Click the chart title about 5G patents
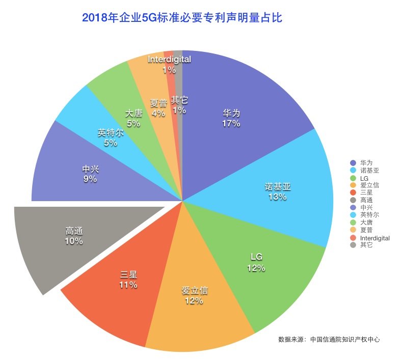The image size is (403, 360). [182, 18]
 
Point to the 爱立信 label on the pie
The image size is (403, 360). [195, 291]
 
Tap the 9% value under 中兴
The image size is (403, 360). [90, 179]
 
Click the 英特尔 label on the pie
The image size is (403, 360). [111, 133]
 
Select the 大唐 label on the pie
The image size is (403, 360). [133, 114]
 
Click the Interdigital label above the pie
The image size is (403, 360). [169, 60]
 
